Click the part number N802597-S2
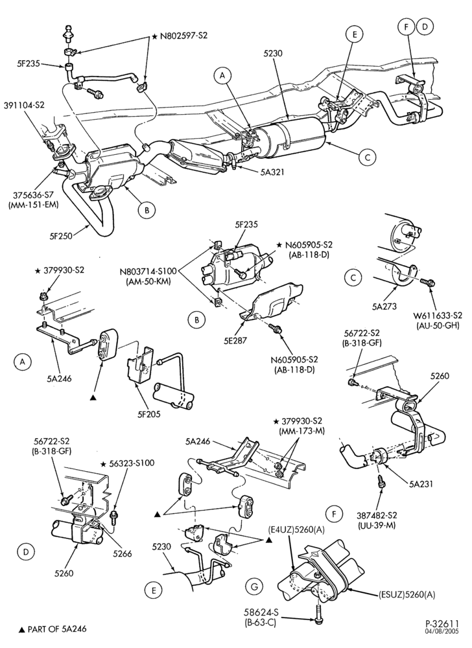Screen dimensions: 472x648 click(183, 36)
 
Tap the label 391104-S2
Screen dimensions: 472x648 click(24, 106)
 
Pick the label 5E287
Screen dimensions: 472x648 click(246, 341)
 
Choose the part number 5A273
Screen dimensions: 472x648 click(386, 307)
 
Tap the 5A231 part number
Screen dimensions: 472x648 click(422, 483)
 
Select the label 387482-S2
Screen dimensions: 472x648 click(377, 515)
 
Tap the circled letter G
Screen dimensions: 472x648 click(254, 586)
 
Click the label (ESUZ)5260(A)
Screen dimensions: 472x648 click(407, 595)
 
